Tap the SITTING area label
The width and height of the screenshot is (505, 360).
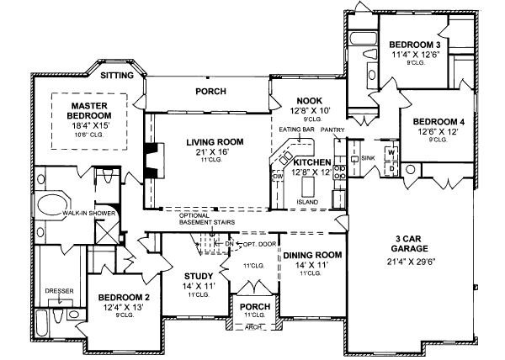click(x=117, y=76)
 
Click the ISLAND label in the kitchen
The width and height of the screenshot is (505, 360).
click(x=308, y=201)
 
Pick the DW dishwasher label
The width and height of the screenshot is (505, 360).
click(x=278, y=176)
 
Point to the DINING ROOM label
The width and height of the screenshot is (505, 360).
click(x=311, y=254)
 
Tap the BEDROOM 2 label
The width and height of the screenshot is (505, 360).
click(x=123, y=297)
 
